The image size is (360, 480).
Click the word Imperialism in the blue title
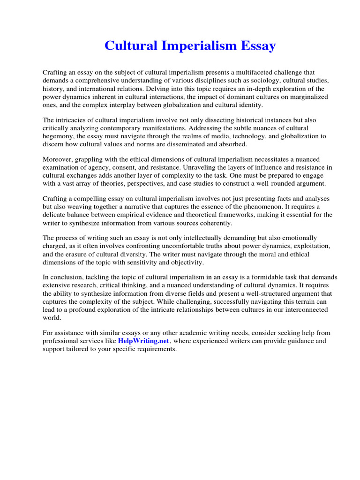(x=195, y=46)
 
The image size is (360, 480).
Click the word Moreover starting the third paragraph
(x=59, y=160)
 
